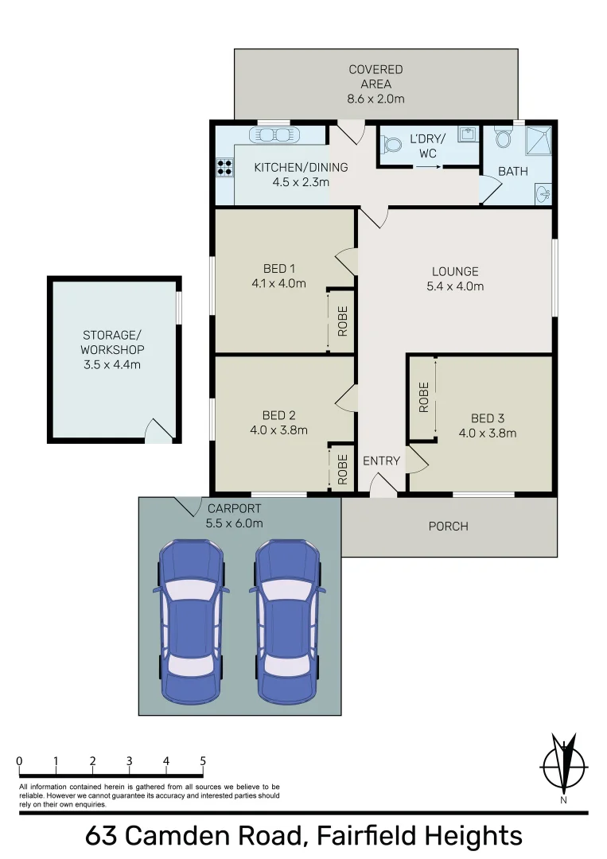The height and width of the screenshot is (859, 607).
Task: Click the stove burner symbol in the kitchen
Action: tap(224, 167)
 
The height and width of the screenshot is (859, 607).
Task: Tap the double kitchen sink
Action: tap(273, 135)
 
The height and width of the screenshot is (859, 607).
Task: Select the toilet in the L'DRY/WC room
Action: tap(391, 146)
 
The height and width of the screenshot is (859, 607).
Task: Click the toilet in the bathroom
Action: tap(503, 139)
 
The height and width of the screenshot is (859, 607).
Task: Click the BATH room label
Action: tap(513, 171)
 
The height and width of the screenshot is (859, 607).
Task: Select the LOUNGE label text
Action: tap(455, 272)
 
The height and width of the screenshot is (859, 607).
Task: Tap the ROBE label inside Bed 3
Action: tap(423, 397)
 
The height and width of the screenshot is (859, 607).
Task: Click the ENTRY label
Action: tap(381, 461)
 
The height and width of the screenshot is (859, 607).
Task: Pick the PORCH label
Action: tap(448, 526)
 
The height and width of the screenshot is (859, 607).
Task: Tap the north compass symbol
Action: tap(564, 767)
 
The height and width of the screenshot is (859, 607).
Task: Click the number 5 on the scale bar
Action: tap(203, 761)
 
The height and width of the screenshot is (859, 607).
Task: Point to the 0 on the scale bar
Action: tap(19, 761)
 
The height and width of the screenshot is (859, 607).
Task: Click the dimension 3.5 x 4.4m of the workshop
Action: tap(112, 364)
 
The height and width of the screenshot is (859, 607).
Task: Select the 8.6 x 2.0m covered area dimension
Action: tap(375, 99)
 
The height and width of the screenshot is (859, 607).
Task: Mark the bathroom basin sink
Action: tap(543, 191)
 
